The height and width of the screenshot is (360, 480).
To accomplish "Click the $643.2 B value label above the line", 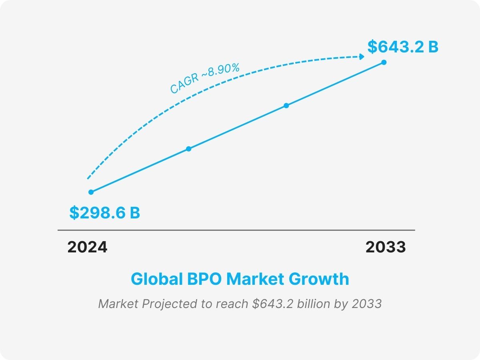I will point(403,47).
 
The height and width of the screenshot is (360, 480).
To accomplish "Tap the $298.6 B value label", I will point(104,213).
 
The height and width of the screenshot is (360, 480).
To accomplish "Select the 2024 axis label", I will point(87,247).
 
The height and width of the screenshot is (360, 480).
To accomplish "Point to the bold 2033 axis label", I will point(386,247).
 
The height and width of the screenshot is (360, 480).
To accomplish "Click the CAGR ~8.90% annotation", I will point(204,79).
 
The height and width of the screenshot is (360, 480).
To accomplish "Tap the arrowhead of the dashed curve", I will point(362,57).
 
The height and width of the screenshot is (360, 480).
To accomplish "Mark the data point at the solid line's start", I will point(91,192).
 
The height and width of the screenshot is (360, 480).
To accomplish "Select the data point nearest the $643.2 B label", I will point(384,62).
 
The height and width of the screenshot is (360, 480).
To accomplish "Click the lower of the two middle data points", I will point(189,149).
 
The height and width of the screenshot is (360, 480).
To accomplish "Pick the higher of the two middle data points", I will point(286,106).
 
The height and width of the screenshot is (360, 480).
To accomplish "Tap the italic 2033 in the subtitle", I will point(366,304).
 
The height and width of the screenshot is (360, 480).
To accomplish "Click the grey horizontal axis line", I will point(236,230).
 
